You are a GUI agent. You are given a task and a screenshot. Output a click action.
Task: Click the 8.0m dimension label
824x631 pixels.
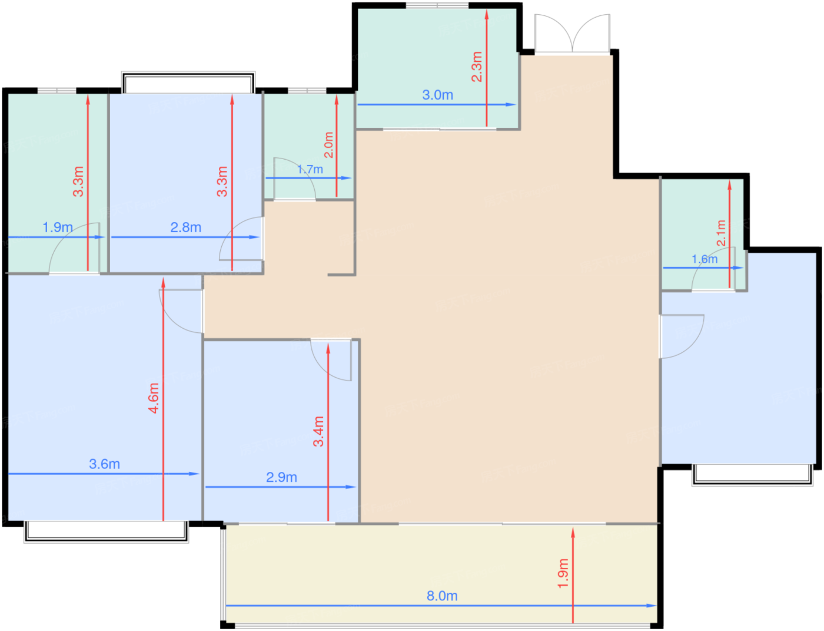[442, 596]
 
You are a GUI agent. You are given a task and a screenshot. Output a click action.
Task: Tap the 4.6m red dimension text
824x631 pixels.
[154, 398]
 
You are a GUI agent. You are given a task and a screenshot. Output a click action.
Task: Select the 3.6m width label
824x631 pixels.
[104, 464]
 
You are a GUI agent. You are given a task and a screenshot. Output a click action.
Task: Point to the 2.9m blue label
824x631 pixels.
[281, 477]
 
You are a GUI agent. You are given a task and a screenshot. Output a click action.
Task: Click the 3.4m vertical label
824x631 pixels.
[318, 431]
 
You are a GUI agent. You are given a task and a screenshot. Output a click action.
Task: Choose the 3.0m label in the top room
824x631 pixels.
[438, 95]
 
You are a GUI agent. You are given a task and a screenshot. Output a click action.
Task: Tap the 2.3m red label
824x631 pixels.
[477, 67]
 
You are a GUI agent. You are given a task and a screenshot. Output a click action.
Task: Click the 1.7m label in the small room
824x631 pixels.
[310, 170]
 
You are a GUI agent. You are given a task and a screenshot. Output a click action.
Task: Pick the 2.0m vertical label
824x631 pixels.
[328, 145]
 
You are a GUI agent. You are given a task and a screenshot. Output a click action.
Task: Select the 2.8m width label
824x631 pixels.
[186, 227]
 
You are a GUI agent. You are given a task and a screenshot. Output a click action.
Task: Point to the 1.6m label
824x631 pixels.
[705, 259]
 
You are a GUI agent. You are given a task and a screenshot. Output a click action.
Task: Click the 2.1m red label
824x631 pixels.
[721, 233]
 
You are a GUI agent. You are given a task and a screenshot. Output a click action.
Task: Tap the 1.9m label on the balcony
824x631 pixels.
[563, 573]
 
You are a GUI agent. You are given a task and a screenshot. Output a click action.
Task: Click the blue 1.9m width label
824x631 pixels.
[58, 227]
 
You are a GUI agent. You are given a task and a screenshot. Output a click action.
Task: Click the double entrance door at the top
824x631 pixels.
[572, 33]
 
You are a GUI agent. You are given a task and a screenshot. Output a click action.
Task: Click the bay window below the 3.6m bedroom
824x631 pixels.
[107, 531]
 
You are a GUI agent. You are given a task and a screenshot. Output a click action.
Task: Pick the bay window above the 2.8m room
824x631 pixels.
[188, 82]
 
